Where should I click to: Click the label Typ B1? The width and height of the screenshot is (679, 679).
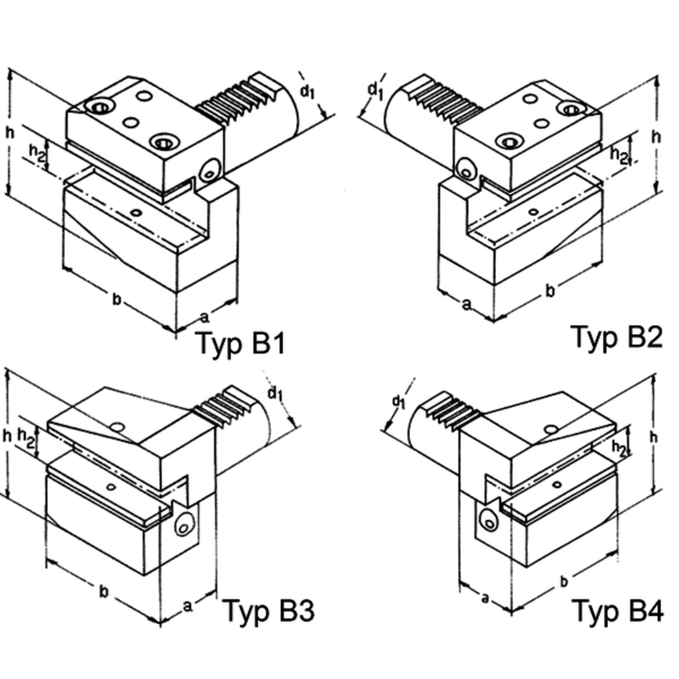point(242,343)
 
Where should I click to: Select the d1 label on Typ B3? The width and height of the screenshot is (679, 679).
point(276,393)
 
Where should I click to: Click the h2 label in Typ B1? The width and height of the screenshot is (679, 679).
point(37,153)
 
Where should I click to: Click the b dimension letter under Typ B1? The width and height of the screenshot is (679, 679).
point(117,299)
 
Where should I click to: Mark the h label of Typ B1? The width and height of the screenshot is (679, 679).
point(11,133)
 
